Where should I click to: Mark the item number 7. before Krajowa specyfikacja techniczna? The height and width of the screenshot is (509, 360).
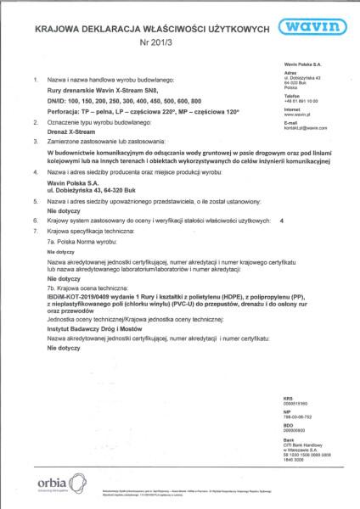[x=35, y=230]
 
